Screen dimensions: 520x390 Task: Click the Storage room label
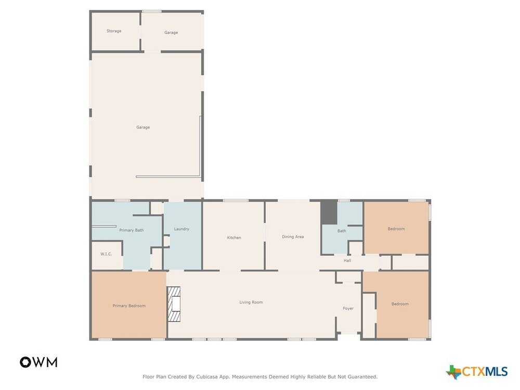[114, 31]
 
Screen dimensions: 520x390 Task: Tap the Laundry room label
[181, 229]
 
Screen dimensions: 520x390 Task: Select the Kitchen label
[234, 238]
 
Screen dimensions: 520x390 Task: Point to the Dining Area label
[292, 237]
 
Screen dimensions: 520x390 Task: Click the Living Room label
[251, 302]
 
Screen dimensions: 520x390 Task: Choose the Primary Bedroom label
[129, 306]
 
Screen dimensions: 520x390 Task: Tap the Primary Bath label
[132, 230]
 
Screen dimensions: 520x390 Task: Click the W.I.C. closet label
[106, 254]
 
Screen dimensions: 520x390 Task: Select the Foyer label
[348, 308]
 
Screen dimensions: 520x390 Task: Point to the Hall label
[347, 261]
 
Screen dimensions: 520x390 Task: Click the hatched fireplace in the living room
[174, 304]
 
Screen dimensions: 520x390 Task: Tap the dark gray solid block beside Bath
[329, 212]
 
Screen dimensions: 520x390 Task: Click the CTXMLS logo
[476, 372]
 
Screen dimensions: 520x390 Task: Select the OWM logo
[38, 362]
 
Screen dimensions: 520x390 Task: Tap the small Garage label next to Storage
[171, 32]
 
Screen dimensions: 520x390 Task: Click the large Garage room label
[143, 127]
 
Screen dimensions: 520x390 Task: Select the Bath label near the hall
[342, 231]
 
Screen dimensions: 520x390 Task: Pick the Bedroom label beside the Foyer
[400, 304]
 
